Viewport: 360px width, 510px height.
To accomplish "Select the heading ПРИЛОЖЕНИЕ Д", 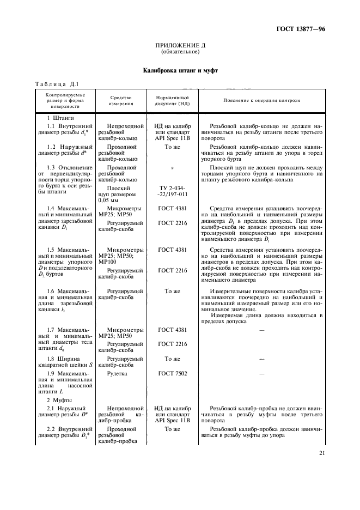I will coord(180,46).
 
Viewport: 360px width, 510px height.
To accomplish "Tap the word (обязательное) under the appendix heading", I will coord(180,52).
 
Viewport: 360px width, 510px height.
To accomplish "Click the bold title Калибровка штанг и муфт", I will coord(180,70).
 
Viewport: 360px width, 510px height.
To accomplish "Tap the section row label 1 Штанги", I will coord(60,118).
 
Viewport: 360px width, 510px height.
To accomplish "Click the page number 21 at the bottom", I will coord(320,452).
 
